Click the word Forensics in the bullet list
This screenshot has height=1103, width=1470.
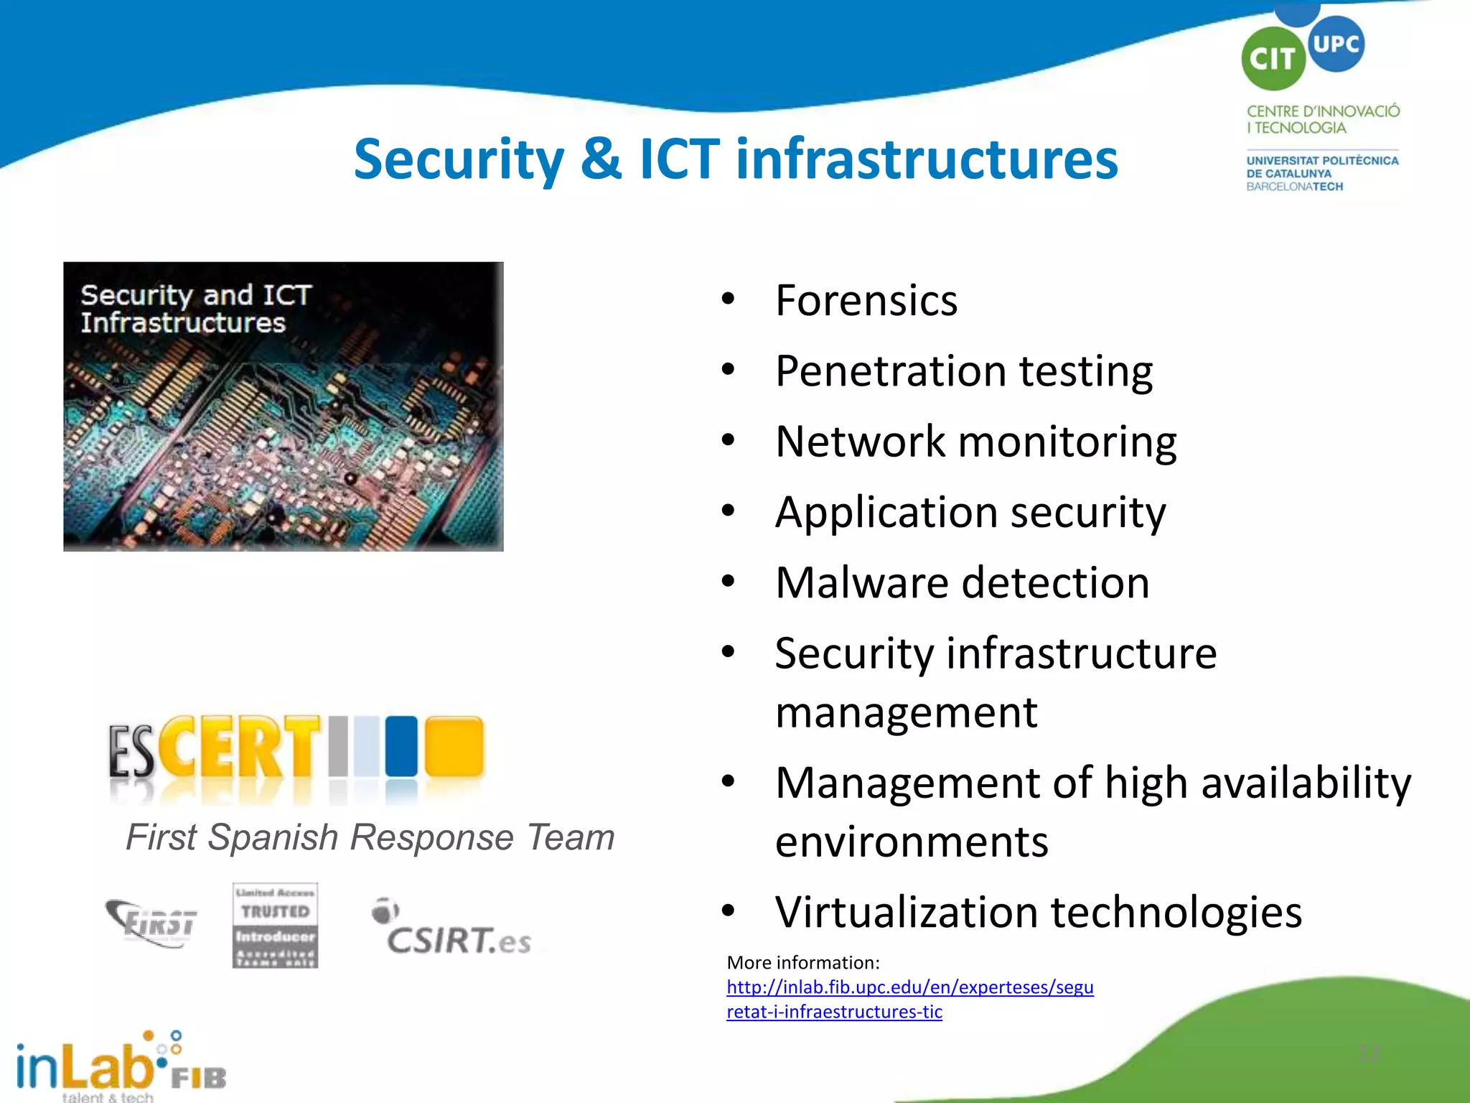coord(866,300)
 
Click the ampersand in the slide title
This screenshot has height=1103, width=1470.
coord(601,159)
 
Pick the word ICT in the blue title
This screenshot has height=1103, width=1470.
coord(679,159)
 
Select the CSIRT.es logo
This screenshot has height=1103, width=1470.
coord(454,929)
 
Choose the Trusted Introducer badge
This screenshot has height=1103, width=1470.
coord(275,926)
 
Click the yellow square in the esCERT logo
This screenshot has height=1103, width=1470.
coord(454,746)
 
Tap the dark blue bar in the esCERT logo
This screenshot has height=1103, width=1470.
coord(401,746)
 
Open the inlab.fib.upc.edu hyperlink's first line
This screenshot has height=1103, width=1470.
coord(909,987)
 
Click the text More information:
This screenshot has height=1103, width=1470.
coord(802,962)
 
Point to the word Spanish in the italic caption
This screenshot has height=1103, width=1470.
coord(273,837)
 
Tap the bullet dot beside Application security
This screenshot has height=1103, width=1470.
coord(728,511)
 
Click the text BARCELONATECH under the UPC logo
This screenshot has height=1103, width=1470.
coord(1294,187)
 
